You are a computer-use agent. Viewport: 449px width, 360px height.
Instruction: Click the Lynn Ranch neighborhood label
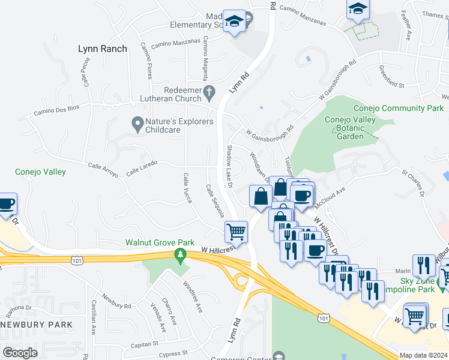click(x=102, y=49)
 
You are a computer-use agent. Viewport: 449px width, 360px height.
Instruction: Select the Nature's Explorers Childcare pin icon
click(x=137, y=125)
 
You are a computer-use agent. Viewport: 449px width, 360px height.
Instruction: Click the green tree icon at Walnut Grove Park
click(x=179, y=256)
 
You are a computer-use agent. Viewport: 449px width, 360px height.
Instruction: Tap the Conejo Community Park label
click(x=398, y=109)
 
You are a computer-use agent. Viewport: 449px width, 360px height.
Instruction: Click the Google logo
click(x=20, y=352)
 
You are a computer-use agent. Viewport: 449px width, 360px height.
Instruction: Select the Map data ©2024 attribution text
click(x=423, y=355)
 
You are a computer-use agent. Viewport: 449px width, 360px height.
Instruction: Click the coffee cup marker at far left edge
click(x=6, y=204)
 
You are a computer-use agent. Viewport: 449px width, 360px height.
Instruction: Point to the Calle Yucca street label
click(x=187, y=187)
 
